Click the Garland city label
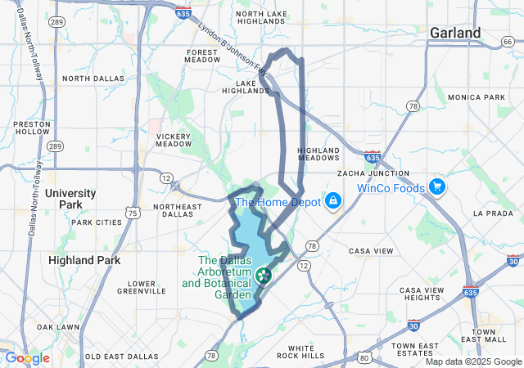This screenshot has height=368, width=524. pos(455,33)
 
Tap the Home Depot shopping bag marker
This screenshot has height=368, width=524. pos(334,200)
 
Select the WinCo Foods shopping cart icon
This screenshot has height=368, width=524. pos(437,187)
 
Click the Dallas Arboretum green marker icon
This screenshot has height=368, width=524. pos(263,275)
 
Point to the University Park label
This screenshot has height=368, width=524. pos(70,199)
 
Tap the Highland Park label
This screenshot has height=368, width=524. pos(84,259)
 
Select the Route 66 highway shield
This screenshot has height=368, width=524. pos(507,42)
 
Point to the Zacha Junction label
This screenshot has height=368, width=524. pos(373,173)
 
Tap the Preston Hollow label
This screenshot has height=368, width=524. pos(32,128)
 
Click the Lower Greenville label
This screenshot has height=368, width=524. pos(141,287)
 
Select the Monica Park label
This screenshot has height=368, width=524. pos(477,97)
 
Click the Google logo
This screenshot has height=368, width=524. pos(26,357)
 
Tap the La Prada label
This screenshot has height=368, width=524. pos(491,213)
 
